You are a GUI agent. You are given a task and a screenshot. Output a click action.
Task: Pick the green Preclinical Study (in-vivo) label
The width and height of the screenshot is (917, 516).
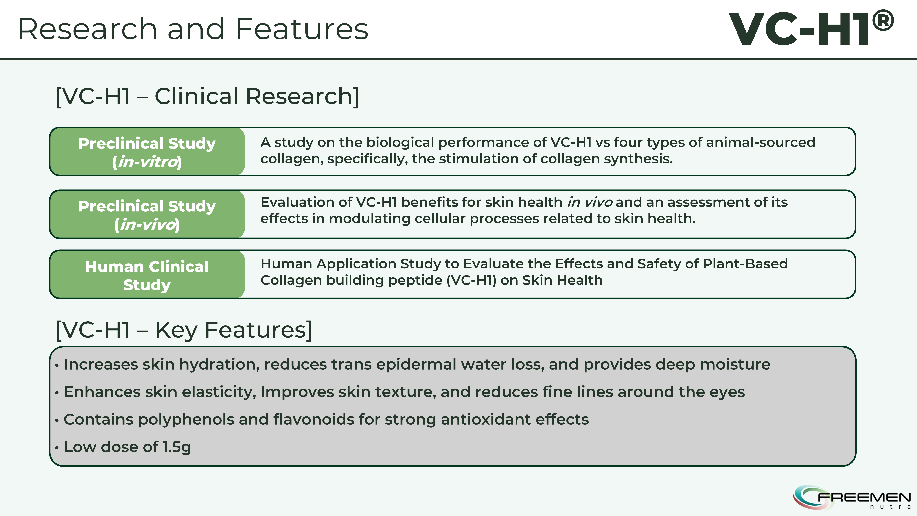147,214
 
